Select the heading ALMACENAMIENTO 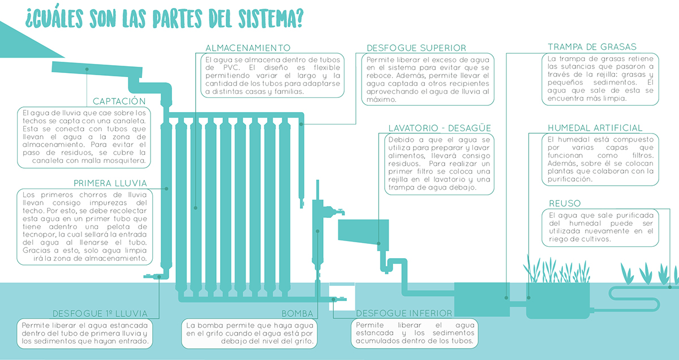(x=248, y=48)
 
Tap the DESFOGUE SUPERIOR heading (x=416, y=48)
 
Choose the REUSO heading (x=565, y=204)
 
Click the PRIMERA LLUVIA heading (x=110, y=183)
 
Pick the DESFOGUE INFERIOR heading (x=404, y=313)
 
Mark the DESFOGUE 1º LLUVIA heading (x=100, y=313)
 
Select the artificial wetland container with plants (x=557, y=300)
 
